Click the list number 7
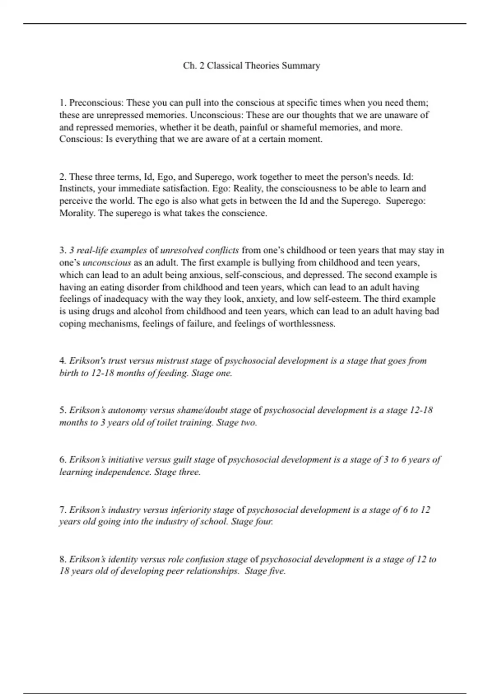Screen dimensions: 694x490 tap(62, 510)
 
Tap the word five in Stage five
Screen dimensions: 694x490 tap(277, 571)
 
